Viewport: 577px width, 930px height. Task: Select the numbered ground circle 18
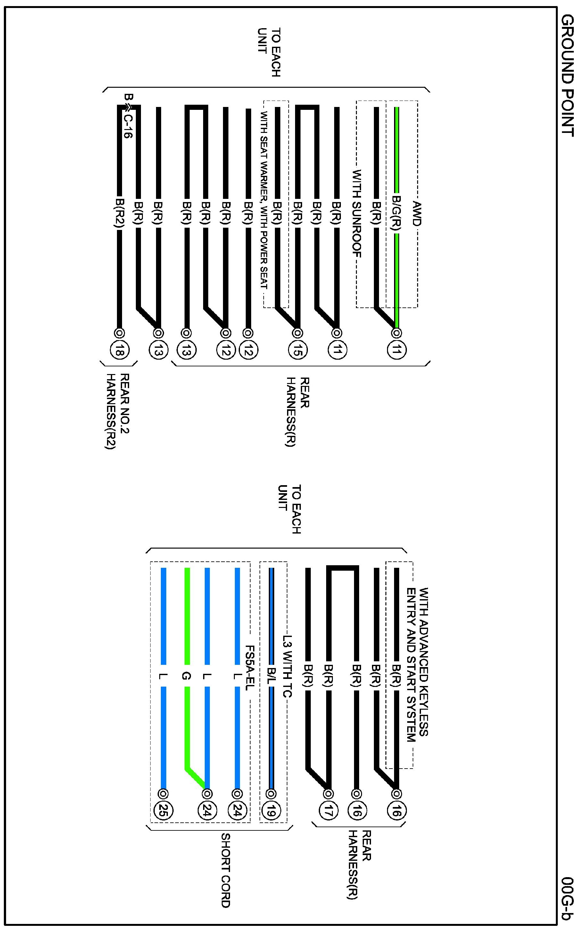pyautogui.click(x=120, y=350)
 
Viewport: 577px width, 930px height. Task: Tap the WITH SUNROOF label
pyautogui.click(x=357, y=214)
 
